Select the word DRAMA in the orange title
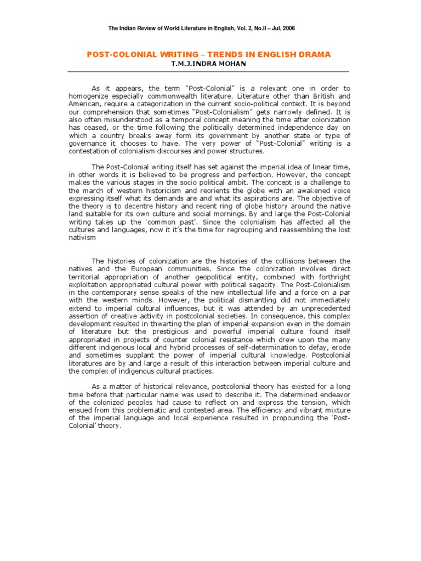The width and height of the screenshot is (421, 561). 314,55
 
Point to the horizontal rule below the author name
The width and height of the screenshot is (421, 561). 208,72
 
